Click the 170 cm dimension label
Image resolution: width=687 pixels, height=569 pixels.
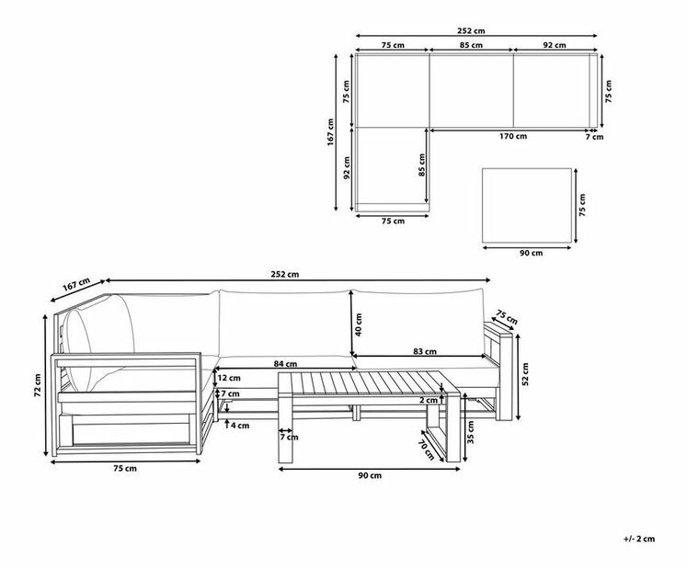[x=514, y=137]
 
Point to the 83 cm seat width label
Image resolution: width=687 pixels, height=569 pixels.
[x=425, y=351]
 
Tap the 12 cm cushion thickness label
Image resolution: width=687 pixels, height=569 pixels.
[x=229, y=377]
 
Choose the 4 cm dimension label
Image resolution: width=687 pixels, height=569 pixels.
[x=239, y=425]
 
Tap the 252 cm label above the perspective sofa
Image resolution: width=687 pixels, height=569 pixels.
[x=286, y=274]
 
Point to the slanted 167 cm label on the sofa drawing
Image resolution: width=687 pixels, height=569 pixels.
[x=76, y=287]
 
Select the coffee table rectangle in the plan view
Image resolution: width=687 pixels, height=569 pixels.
[x=527, y=206]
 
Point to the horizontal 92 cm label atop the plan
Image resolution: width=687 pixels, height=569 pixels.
[x=555, y=45]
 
